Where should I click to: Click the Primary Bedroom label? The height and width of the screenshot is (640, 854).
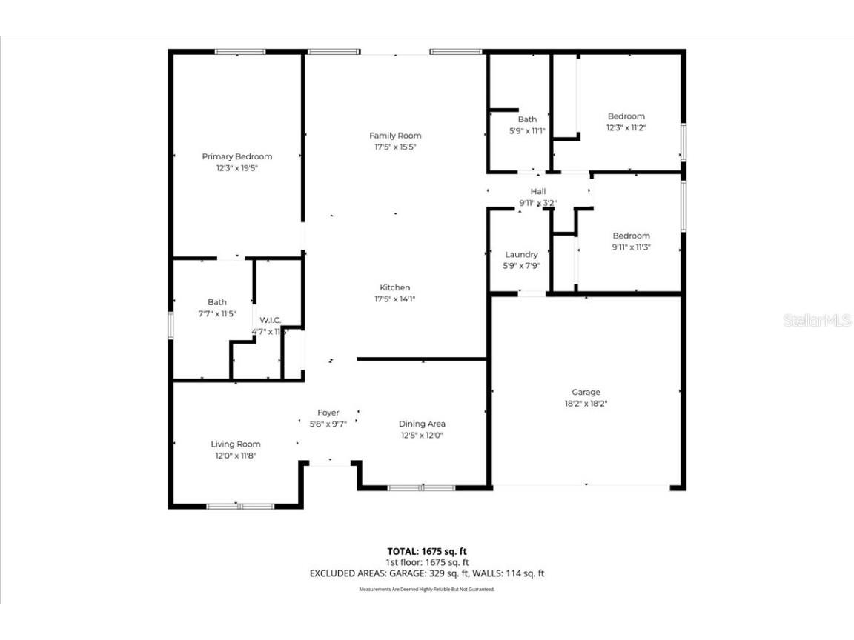(x=236, y=156)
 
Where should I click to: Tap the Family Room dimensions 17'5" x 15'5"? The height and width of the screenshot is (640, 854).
(x=395, y=147)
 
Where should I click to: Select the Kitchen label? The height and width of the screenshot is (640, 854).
(x=395, y=287)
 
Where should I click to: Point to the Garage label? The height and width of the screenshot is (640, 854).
(x=586, y=392)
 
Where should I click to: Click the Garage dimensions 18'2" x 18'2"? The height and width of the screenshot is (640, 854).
(x=586, y=404)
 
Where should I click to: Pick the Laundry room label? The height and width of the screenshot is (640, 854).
(x=521, y=254)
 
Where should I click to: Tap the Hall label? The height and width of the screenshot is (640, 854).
(x=538, y=191)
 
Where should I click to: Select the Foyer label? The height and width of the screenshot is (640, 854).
(x=328, y=413)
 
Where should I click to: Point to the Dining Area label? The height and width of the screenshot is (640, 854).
(x=422, y=424)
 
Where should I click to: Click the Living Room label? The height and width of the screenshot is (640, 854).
(x=236, y=444)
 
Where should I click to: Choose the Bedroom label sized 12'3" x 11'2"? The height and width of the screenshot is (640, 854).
(x=626, y=116)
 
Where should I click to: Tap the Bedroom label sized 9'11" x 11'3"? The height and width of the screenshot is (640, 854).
(x=631, y=236)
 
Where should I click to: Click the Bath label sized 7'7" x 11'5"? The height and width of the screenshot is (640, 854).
(x=217, y=302)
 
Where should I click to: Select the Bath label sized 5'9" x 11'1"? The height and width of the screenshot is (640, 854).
(x=527, y=119)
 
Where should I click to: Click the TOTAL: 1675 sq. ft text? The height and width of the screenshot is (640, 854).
(x=427, y=551)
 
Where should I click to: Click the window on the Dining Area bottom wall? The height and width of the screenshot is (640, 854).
(x=421, y=488)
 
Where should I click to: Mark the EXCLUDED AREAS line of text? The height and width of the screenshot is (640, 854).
(x=427, y=573)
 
